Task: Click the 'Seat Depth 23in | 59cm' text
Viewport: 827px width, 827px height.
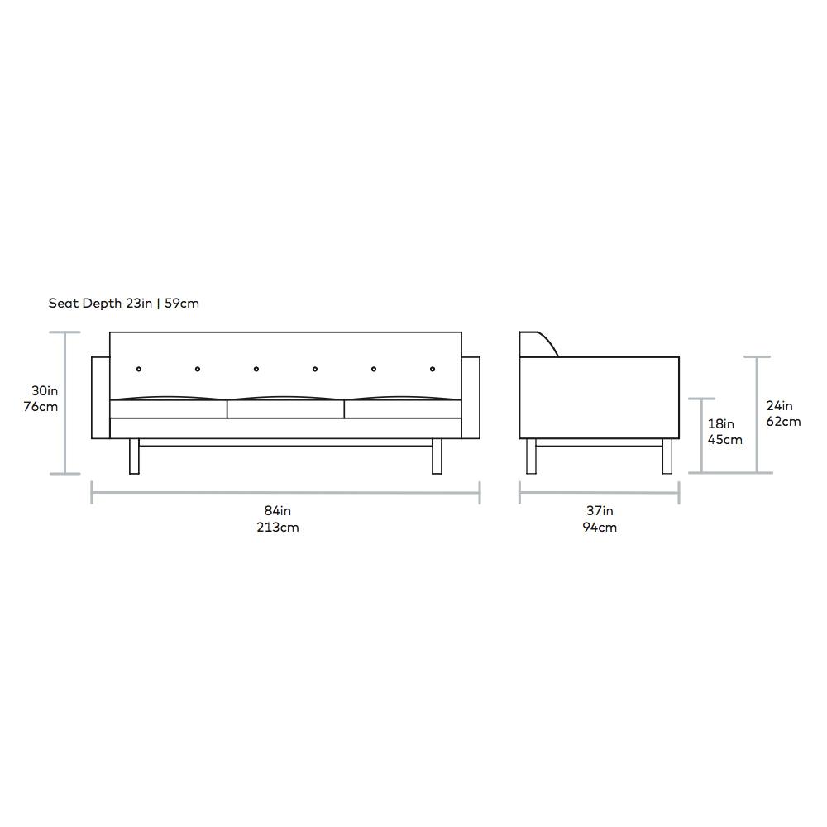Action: click(123, 304)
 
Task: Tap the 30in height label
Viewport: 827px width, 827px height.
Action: click(44, 390)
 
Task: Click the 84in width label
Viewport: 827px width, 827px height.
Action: click(277, 511)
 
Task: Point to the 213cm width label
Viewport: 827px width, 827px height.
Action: click(277, 528)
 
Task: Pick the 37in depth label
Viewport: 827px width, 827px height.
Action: click(600, 511)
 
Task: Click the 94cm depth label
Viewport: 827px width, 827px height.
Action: click(600, 528)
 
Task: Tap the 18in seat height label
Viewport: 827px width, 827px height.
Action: click(720, 424)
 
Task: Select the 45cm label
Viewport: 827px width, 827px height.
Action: click(724, 440)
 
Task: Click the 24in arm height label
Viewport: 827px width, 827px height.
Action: click(779, 405)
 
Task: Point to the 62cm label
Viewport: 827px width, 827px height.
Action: click(782, 421)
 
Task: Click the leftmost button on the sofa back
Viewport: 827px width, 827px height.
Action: click(139, 369)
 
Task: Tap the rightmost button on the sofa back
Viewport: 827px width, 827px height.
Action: click(433, 369)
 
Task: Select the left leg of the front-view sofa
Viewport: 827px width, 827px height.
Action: click(134, 457)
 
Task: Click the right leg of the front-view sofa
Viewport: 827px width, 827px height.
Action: click(437, 457)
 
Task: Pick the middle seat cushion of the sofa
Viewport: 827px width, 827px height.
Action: click(285, 409)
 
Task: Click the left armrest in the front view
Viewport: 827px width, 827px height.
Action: click(100, 398)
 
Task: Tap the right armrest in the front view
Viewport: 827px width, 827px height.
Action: click(471, 398)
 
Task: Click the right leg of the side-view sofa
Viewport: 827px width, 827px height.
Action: click(667, 457)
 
